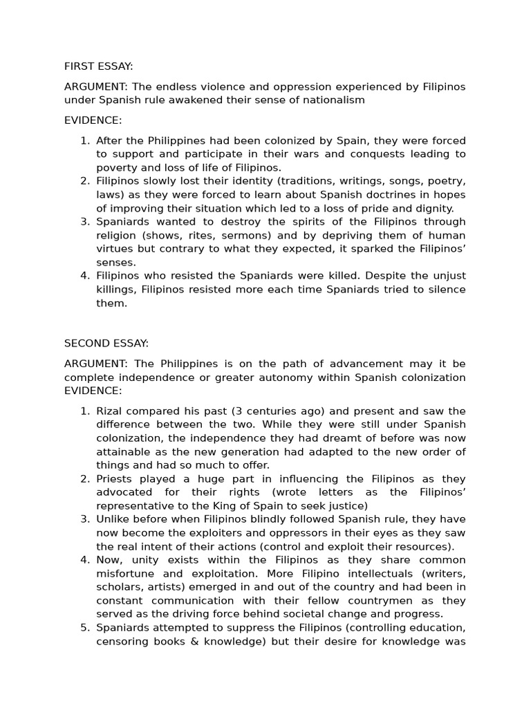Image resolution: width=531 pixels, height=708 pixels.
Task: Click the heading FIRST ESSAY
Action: coord(98,66)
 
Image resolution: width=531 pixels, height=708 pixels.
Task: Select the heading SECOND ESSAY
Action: coord(106,343)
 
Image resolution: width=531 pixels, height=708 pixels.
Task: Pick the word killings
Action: coord(115,290)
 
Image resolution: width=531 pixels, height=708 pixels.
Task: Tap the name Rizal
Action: coord(109,411)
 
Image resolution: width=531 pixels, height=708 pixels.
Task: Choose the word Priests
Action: coord(114,478)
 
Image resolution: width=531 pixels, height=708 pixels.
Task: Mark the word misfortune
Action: coord(124,573)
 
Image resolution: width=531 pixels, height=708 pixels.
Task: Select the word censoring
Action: coord(121,641)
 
